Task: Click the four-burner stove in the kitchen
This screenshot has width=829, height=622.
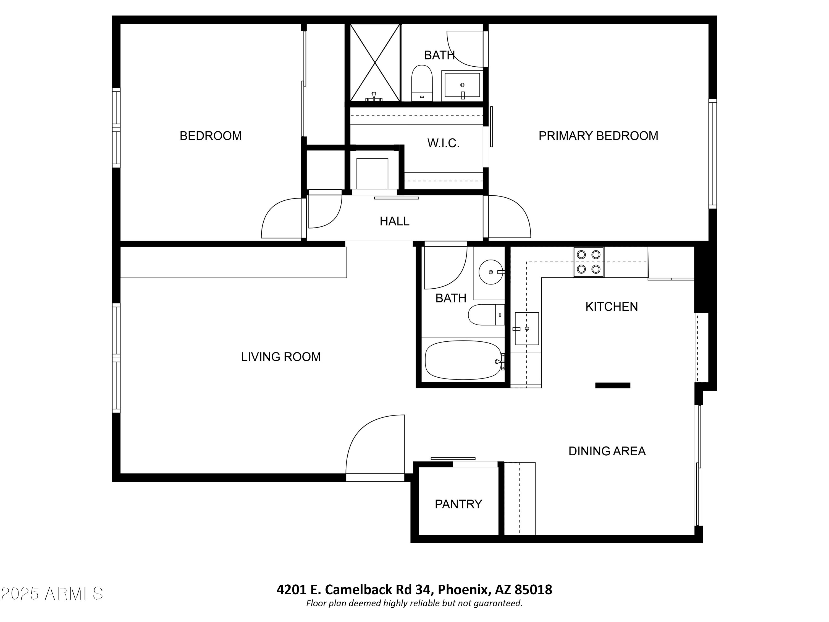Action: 588,262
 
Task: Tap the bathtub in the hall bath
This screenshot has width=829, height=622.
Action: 463,360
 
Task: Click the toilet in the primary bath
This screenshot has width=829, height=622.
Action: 422,83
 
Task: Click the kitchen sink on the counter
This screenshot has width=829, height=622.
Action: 527,328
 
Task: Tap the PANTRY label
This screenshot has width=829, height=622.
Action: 458,504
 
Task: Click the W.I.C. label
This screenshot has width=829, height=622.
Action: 443,143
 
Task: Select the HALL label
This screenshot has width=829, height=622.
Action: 394,221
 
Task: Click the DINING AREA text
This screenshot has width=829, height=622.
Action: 607,451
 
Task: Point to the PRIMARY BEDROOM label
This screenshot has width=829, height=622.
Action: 598,136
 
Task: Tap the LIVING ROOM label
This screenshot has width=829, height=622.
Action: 281,357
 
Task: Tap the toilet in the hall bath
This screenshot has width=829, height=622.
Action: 484,315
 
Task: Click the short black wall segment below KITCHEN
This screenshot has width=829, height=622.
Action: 612,385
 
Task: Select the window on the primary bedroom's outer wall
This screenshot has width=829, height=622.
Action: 712,154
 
